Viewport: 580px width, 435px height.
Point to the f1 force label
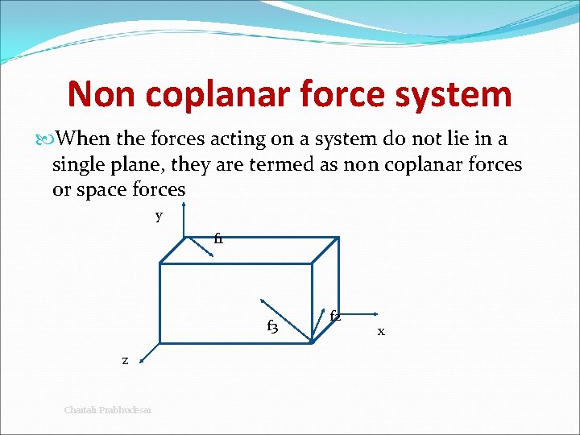218,239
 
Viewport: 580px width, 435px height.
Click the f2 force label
335,317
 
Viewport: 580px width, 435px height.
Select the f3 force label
272,326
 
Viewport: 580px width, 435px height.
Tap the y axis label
159,216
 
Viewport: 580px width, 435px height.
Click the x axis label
381,330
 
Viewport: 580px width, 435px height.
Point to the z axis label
125,360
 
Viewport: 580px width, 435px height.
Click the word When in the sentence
83,139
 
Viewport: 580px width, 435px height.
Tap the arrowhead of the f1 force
210,255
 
